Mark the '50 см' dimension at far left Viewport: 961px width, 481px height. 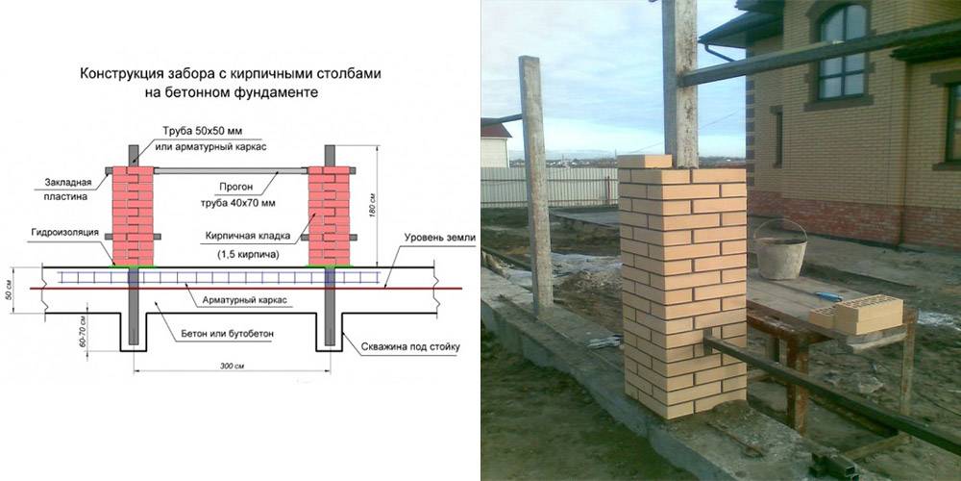[11, 288]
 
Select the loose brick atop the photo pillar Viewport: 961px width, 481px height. [643, 162]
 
